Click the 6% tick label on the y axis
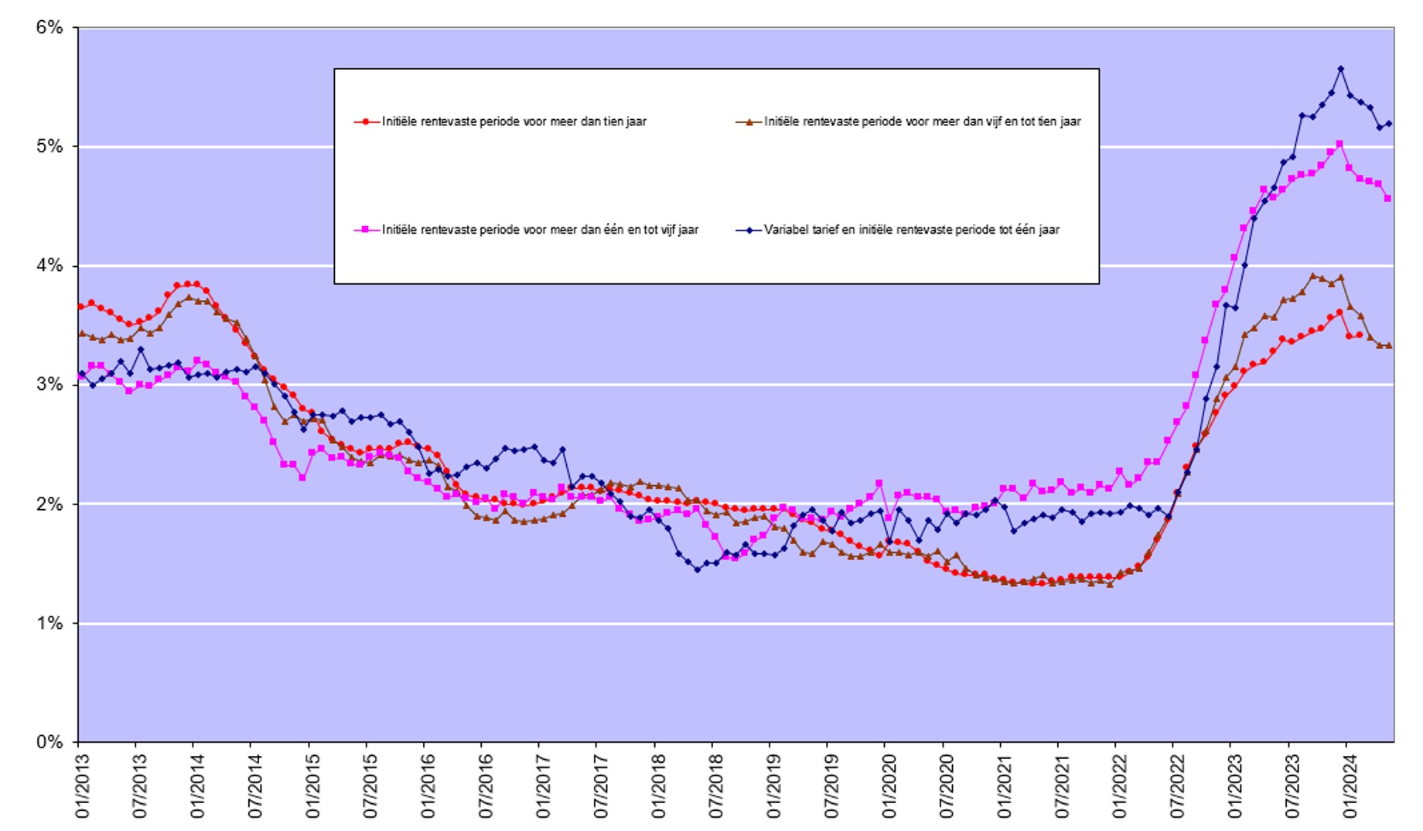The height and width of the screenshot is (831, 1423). pyautogui.click(x=49, y=28)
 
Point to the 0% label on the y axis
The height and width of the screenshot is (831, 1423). pyautogui.click(x=49, y=742)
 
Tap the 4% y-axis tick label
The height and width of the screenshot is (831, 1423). pyautogui.click(x=49, y=266)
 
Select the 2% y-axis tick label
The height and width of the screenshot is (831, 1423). pyautogui.click(x=49, y=504)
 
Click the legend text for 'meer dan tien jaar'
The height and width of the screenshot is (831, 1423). pyautogui.click(x=514, y=121)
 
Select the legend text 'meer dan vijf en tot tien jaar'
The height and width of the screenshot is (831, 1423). pyautogui.click(x=922, y=121)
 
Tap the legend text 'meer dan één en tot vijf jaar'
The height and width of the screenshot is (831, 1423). pyautogui.click(x=540, y=230)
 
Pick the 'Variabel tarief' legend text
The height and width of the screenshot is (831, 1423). pyautogui.click(x=911, y=230)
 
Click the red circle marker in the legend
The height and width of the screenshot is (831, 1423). pyautogui.click(x=367, y=121)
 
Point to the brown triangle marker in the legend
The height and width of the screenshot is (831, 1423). pyautogui.click(x=749, y=121)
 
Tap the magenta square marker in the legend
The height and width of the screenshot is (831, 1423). pyautogui.click(x=367, y=230)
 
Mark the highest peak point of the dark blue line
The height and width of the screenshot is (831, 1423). pyautogui.click(x=1340, y=69)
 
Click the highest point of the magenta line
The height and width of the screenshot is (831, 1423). pyautogui.click(x=1339, y=144)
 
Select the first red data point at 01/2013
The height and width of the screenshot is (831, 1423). pyautogui.click(x=81, y=306)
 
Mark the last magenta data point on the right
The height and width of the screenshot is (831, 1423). pyautogui.click(x=1387, y=199)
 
